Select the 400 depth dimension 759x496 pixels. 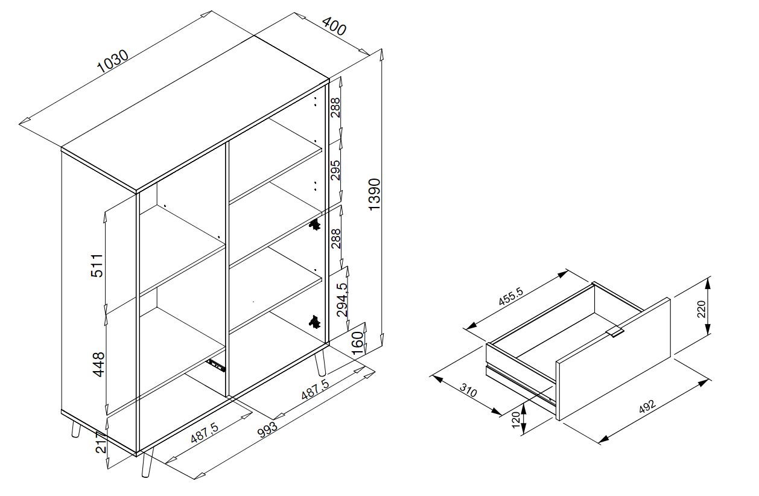tap(334, 26)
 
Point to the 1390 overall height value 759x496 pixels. tap(375, 194)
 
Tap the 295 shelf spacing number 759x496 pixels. tap(335, 170)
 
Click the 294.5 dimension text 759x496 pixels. tap(342, 300)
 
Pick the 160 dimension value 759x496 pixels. tap(358, 343)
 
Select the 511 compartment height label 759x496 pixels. tap(97, 265)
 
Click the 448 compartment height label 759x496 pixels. tap(99, 364)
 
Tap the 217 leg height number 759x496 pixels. tap(101, 442)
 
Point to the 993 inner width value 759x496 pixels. tap(267, 430)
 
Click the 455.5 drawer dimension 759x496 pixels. tap(511, 296)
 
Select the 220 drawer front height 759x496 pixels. tap(702, 309)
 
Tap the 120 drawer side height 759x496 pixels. tap(515, 420)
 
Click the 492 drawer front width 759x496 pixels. tap(647, 407)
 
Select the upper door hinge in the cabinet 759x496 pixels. tap(314, 224)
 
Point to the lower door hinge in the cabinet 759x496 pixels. tap(314, 322)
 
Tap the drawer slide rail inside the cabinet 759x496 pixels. tap(215, 366)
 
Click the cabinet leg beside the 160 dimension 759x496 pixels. tap(320, 363)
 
